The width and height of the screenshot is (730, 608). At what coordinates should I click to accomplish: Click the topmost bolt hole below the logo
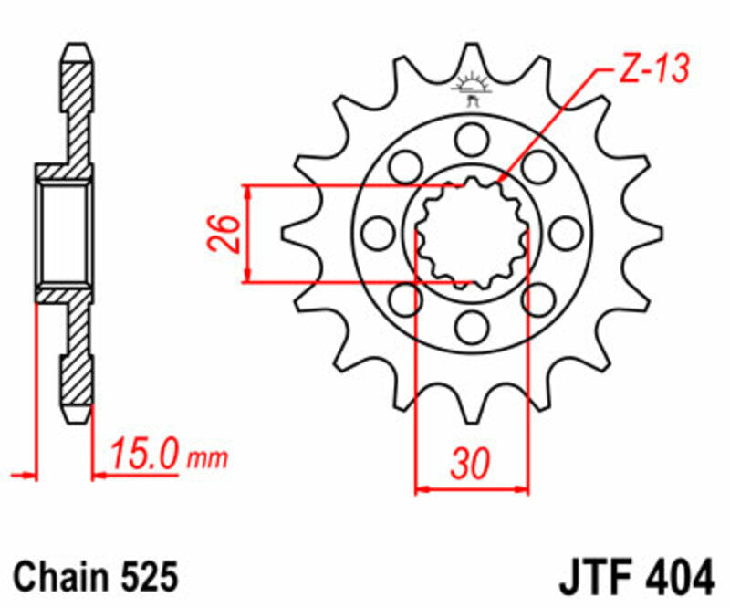[x=472, y=139]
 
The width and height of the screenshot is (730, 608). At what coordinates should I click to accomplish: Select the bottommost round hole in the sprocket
[x=472, y=325]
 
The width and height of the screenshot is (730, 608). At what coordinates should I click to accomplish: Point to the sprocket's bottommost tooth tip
[x=472, y=421]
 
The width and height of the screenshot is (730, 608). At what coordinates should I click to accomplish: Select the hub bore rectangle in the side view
[x=65, y=233]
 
